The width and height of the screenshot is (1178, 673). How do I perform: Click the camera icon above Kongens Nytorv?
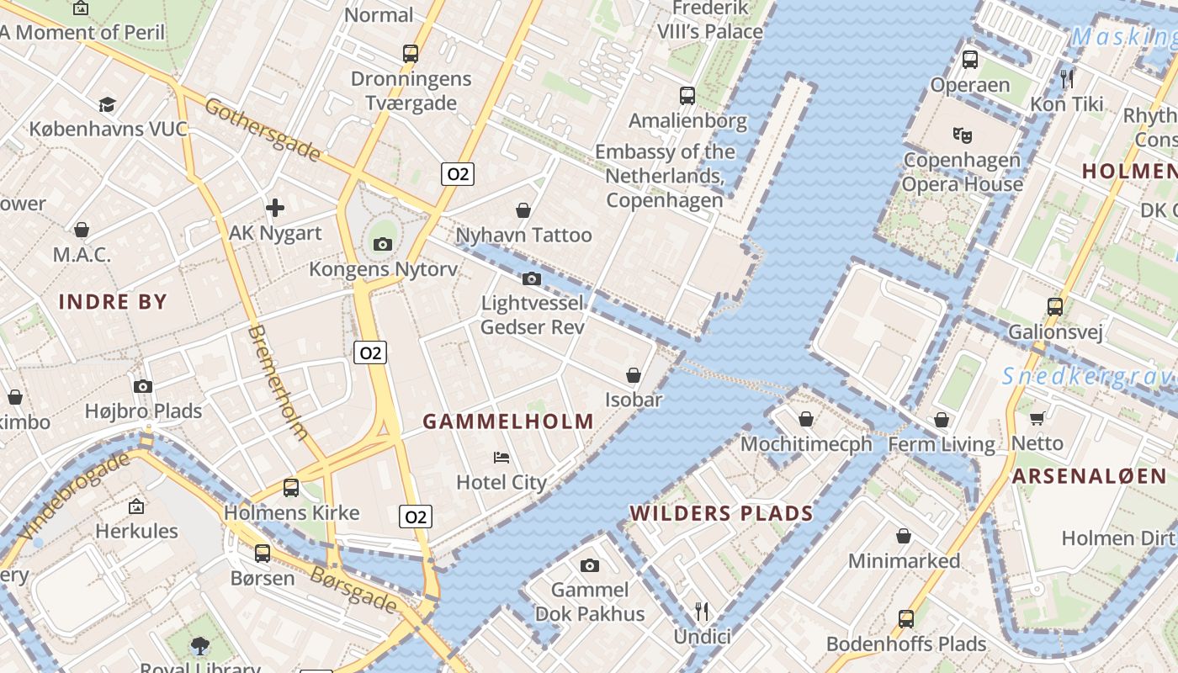click(383, 244)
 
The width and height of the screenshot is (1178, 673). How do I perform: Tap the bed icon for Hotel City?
click(501, 458)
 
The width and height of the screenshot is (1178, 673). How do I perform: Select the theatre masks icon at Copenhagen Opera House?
click(962, 135)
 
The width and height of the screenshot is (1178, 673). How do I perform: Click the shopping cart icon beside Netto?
click(1037, 418)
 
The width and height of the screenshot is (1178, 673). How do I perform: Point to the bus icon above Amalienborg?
click(687, 95)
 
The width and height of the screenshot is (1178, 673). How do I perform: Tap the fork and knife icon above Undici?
click(702, 611)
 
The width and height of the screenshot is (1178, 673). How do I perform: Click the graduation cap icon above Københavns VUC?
click(107, 104)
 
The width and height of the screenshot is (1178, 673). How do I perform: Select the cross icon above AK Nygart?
click(275, 208)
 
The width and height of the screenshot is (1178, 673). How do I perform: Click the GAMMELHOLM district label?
click(508, 421)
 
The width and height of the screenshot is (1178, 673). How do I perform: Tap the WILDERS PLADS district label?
click(722, 513)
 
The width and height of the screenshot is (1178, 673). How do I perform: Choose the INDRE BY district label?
click(113, 301)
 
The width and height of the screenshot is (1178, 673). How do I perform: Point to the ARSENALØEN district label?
click(1089, 476)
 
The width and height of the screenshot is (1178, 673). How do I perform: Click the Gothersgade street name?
click(263, 130)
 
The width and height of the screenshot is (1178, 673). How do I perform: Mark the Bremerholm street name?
click(278, 382)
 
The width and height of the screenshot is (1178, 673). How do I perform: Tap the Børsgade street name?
click(353, 589)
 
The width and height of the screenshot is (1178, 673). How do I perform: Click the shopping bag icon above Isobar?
click(634, 375)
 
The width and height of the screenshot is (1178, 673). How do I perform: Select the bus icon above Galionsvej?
click(1055, 306)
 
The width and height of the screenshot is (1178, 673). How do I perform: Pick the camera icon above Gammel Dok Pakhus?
click(589, 565)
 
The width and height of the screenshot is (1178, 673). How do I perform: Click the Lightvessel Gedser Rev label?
click(532, 314)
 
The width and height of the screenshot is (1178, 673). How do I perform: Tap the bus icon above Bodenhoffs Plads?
click(906, 619)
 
